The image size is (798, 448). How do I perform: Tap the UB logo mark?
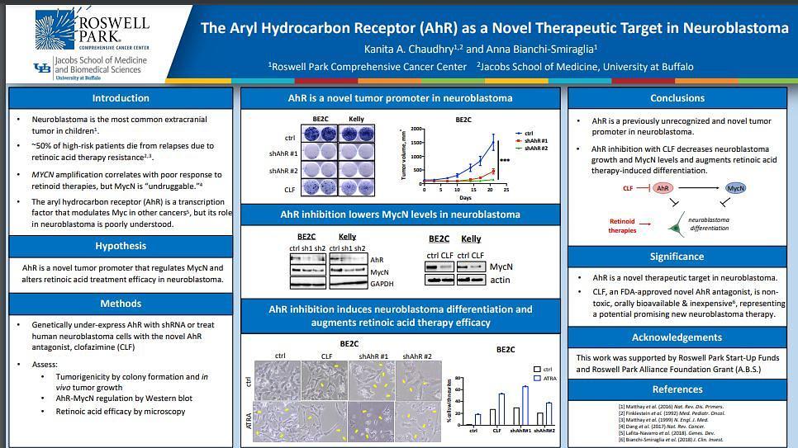pyautogui.click(x=41, y=68)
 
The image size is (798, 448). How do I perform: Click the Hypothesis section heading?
pyautogui.click(x=121, y=246)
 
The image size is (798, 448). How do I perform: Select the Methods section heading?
pyautogui.click(x=121, y=304)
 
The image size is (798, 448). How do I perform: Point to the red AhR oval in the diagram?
pyautogui.click(x=662, y=188)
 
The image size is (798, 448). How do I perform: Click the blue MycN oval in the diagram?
pyautogui.click(x=735, y=188)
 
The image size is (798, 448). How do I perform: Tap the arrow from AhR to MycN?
pyautogui.click(x=698, y=188)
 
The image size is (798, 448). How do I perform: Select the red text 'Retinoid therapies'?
pyautogui.click(x=622, y=225)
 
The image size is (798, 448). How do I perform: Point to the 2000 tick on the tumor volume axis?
pyautogui.click(x=416, y=130)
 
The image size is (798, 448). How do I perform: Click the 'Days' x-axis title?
pyautogui.click(x=465, y=198)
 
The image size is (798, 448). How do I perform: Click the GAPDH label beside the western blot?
pyautogui.click(x=382, y=284)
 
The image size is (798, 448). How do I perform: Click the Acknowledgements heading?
pyautogui.click(x=677, y=337)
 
